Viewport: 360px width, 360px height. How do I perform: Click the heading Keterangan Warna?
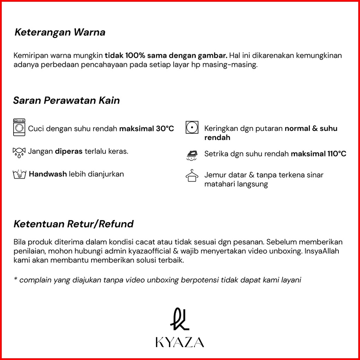(60, 33)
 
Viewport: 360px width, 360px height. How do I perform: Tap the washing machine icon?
(19, 127)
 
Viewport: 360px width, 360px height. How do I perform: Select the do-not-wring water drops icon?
(19, 152)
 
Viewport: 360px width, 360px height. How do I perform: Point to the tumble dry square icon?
(192, 128)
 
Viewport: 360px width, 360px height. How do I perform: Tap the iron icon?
(192, 155)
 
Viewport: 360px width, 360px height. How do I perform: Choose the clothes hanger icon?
(192, 176)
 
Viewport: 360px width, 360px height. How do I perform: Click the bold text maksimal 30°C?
(147, 128)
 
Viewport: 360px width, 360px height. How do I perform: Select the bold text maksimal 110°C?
(319, 154)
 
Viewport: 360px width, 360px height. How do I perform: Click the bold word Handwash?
(48, 174)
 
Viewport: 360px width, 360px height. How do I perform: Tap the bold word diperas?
(69, 151)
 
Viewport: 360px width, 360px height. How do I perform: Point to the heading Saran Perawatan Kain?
(66, 101)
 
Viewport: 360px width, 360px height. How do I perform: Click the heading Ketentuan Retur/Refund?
(73, 224)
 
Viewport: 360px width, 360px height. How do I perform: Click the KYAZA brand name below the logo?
(180, 342)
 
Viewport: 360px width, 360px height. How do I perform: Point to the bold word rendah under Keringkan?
(217, 138)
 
